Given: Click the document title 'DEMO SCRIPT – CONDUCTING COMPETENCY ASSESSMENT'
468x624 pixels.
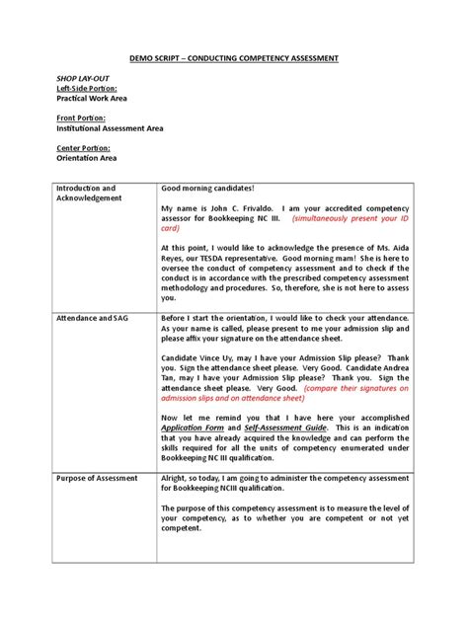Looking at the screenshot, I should [x=234, y=59].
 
